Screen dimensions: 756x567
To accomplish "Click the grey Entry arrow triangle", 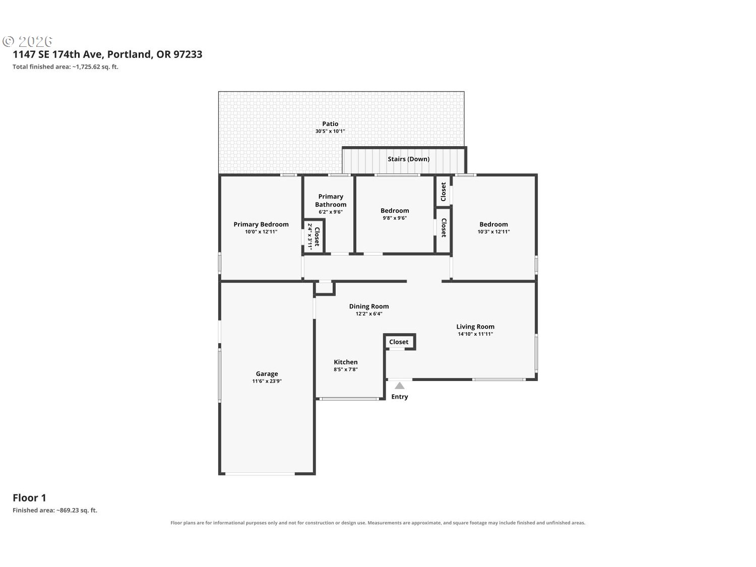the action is (399, 386).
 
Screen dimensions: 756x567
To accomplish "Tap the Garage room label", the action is (267, 373).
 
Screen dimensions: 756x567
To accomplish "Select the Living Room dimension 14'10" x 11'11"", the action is (475, 334).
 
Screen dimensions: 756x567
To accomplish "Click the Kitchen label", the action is (345, 362).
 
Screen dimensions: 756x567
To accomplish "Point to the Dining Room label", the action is (368, 306).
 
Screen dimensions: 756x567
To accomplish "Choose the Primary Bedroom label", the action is (261, 224).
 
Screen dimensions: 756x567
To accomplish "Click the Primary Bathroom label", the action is (331, 201).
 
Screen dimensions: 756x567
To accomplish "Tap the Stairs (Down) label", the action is (408, 159).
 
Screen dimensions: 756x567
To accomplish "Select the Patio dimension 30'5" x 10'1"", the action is (330, 131).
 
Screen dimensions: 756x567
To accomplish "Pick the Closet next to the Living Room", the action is (399, 342).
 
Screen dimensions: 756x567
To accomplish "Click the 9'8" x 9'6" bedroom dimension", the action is (395, 218).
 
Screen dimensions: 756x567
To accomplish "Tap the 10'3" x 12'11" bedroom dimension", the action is (493, 232).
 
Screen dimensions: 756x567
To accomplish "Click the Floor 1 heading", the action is (29, 498).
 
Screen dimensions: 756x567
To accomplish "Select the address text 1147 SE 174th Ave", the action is (57, 54).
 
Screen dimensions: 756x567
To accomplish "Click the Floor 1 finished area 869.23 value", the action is (69, 510).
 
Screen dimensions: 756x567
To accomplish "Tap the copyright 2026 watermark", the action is (28, 41).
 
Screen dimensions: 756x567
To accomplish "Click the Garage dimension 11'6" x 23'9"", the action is (267, 381).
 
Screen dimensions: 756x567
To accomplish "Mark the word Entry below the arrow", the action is (400, 397).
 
